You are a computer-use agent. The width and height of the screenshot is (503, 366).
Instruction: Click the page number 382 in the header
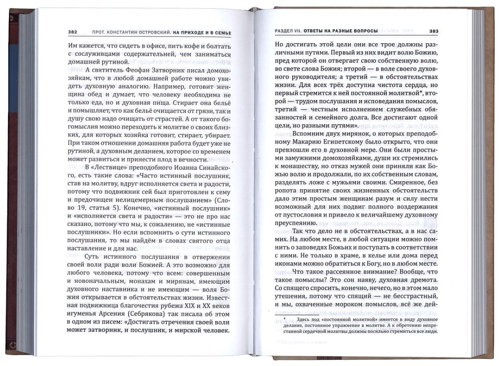point(73,32)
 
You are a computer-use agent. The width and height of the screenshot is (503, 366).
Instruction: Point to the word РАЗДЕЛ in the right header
point(284,31)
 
